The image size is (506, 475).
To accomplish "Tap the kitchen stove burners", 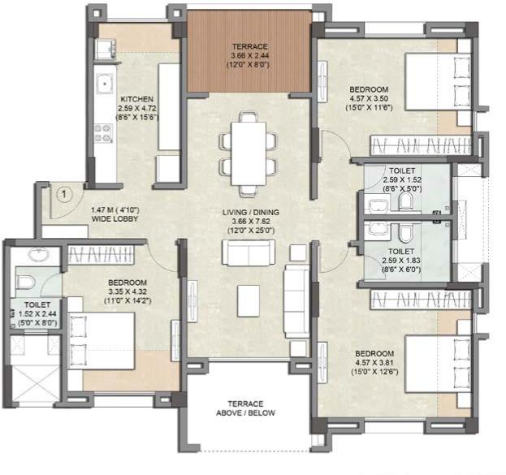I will click(x=105, y=132).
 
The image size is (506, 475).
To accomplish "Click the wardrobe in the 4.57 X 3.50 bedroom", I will click(x=422, y=146).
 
